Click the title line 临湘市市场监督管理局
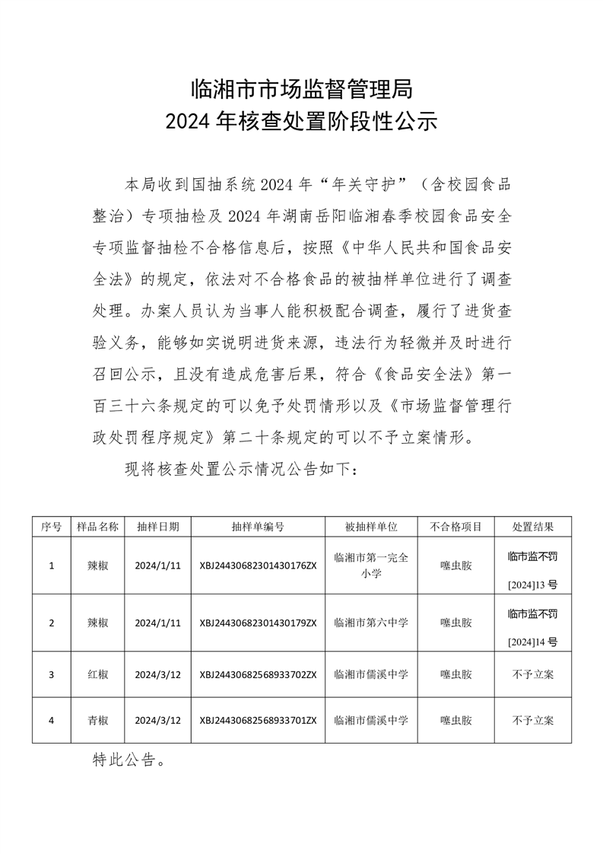click(x=301, y=90)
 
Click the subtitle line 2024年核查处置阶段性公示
click(x=301, y=122)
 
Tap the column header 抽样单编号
click(x=258, y=527)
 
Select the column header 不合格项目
click(x=455, y=527)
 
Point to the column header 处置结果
click(x=532, y=527)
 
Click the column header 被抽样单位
click(x=371, y=527)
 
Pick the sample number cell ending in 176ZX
click(x=258, y=566)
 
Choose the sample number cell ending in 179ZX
click(x=258, y=623)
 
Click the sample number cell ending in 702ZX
click(x=258, y=674)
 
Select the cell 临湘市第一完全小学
click(x=371, y=566)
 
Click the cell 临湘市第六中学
click(x=371, y=623)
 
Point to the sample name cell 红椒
click(x=98, y=674)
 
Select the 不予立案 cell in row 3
click(x=532, y=674)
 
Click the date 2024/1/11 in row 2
click(x=157, y=623)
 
